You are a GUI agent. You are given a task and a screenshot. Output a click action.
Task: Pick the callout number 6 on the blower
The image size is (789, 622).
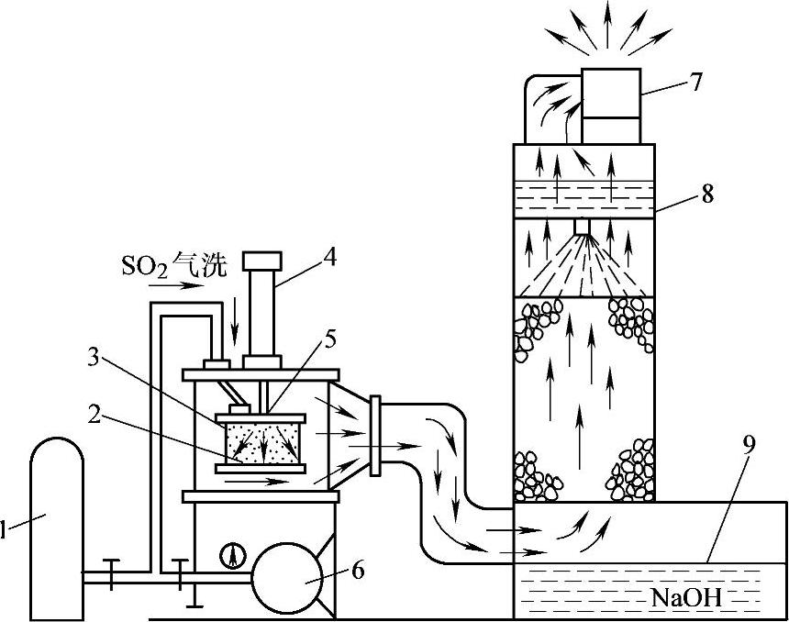click(357, 570)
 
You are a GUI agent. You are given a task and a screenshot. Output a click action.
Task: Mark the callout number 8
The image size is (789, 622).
click(706, 194)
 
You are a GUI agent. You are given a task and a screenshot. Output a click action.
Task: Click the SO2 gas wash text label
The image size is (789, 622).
click(174, 266)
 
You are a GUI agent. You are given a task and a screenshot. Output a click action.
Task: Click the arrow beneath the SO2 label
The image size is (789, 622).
click(179, 285)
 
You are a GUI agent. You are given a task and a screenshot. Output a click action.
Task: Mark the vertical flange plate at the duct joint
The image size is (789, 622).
click(375, 436)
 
